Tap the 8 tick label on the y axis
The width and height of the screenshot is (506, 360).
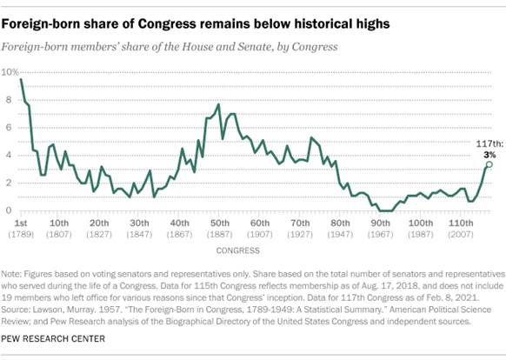click(10, 99)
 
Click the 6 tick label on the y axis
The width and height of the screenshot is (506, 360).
click(10, 127)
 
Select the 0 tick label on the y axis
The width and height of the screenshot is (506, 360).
click(10, 210)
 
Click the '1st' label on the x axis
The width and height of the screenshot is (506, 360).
click(20, 223)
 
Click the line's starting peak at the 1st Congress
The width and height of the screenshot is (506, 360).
click(20, 79)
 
